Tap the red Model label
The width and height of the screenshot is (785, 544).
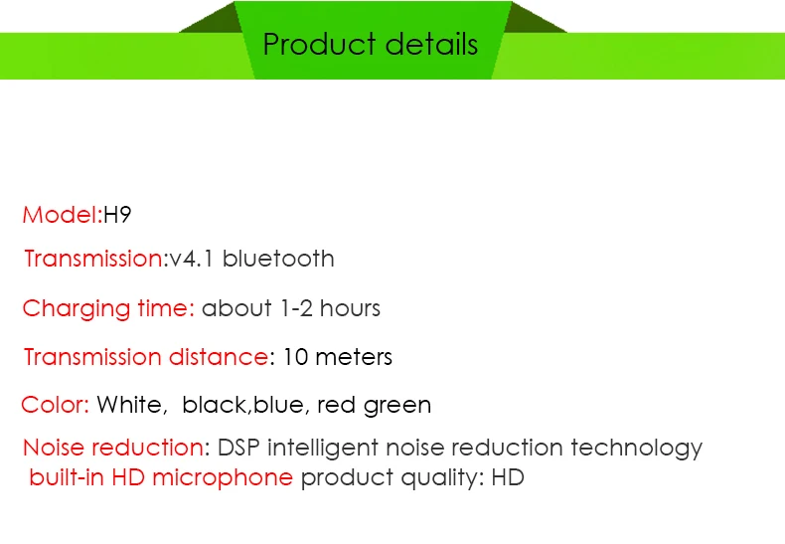pos(60,215)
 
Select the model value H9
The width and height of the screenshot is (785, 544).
pos(117,215)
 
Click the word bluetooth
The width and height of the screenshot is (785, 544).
pos(278,260)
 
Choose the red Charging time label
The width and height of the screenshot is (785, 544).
pos(107,308)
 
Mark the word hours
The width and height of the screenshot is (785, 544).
pos(350,308)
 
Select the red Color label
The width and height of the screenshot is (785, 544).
pos(55,406)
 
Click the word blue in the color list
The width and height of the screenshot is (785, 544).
pos(280,406)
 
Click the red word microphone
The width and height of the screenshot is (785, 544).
pos(224,478)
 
